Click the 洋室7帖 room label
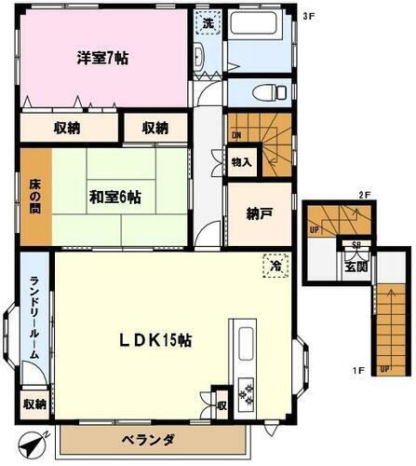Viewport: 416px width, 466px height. click(101, 58)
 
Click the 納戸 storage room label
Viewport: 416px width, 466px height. click(260, 213)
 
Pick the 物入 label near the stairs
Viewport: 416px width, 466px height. click(241, 162)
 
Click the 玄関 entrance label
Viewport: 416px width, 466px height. click(356, 267)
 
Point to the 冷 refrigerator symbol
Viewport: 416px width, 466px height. click(275, 266)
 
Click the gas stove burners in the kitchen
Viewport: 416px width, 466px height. click(248, 394)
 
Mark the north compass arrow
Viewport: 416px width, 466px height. click(31, 446)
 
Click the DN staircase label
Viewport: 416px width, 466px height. click(236, 133)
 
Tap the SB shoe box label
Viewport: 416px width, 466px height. click(355, 247)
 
